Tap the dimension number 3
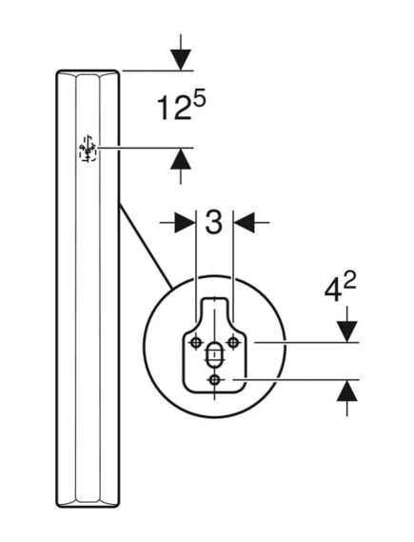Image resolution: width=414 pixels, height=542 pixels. pyautogui.click(x=214, y=223)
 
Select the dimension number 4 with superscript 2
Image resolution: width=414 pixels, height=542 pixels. pyautogui.click(x=340, y=289)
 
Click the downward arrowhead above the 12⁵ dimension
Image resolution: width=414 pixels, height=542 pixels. pyautogui.click(x=181, y=60)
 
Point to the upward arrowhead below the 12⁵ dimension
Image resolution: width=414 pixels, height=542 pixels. pyautogui.click(x=181, y=159)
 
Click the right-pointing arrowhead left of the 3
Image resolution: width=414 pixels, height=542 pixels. pyautogui.click(x=185, y=223)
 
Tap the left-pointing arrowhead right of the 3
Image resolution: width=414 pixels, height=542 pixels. pyautogui.click(x=245, y=223)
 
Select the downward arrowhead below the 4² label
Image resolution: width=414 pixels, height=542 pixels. pyautogui.click(x=347, y=331)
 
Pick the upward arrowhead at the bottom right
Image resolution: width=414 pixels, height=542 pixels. pyautogui.click(x=347, y=391)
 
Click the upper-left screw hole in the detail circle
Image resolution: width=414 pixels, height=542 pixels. pyautogui.click(x=196, y=343)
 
